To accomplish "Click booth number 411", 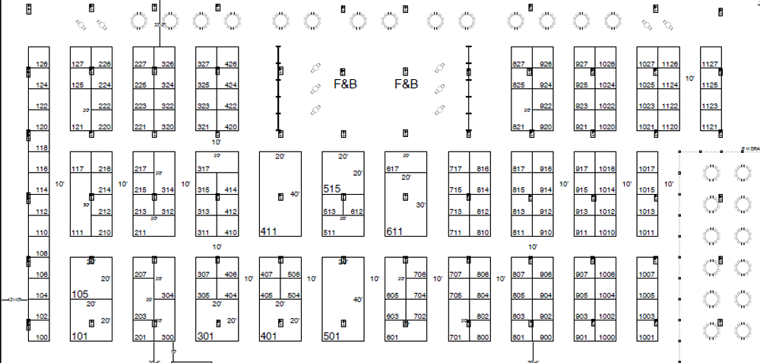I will pyautogui.click(x=268, y=231).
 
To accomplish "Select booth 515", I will pyautogui.click(x=331, y=189).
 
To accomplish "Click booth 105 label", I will pyautogui.click(x=80, y=294).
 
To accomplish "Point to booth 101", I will pyautogui.click(x=79, y=336).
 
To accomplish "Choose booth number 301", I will pyautogui.click(x=204, y=336).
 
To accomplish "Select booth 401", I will pyautogui.click(x=268, y=336).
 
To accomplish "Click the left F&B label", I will pyautogui.click(x=346, y=84).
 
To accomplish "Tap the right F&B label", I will pyautogui.click(x=406, y=84).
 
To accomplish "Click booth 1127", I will pyautogui.click(x=710, y=65).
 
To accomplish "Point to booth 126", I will pyautogui.click(x=43, y=65).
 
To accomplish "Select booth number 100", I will pyautogui.click(x=43, y=337).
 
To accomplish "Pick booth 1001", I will pyautogui.click(x=646, y=337).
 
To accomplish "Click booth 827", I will pyautogui.click(x=519, y=65).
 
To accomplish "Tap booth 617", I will pyautogui.click(x=393, y=169).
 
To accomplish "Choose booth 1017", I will pyautogui.click(x=646, y=169).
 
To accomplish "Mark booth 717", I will pyautogui.click(x=456, y=169).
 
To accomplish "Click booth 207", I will pyautogui.click(x=141, y=275).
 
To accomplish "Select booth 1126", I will pyautogui.click(x=670, y=65).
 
